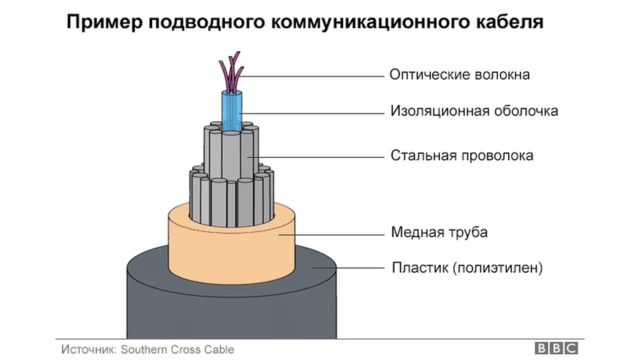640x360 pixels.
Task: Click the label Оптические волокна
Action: point(459,74)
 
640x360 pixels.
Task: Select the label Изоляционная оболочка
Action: point(473,111)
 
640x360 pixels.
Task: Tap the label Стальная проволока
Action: point(461,155)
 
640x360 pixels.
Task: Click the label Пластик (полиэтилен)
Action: point(466,267)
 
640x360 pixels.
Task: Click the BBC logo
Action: point(556,348)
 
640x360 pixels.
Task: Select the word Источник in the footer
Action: point(88,348)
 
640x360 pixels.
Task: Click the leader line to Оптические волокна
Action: point(320,74)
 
